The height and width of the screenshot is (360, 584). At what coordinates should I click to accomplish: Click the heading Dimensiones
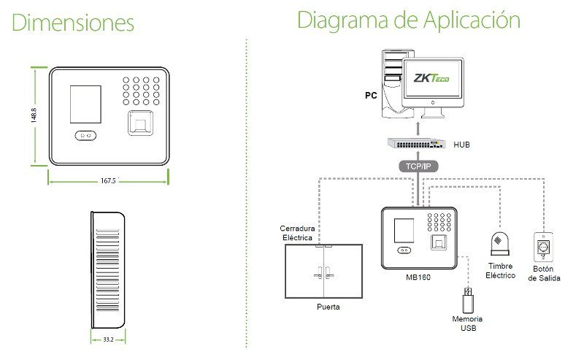(74, 22)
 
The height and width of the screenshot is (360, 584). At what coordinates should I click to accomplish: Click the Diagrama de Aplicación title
(408, 20)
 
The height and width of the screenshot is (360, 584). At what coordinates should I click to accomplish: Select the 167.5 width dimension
(109, 180)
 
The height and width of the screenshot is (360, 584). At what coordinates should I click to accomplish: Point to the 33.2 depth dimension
(108, 340)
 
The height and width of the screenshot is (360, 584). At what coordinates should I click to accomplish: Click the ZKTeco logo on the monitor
(431, 78)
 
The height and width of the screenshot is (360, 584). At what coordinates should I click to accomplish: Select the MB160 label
(418, 277)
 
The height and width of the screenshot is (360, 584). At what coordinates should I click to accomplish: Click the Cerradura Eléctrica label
(297, 233)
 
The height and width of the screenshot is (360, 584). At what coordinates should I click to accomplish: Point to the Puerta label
(328, 307)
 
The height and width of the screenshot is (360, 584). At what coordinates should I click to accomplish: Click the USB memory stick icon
(467, 300)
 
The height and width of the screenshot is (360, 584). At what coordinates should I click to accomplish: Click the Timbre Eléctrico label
(501, 271)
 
